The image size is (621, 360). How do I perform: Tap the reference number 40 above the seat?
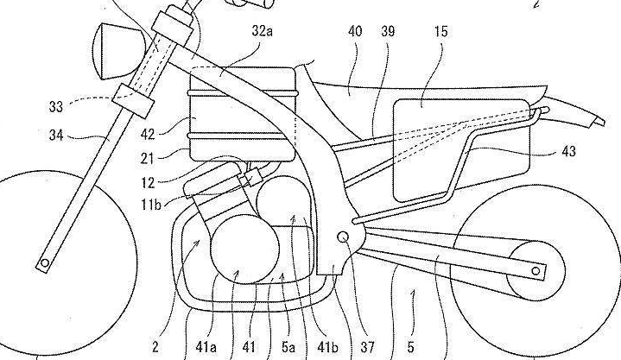tap(355, 30)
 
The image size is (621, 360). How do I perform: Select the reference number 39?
tap(387, 30)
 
